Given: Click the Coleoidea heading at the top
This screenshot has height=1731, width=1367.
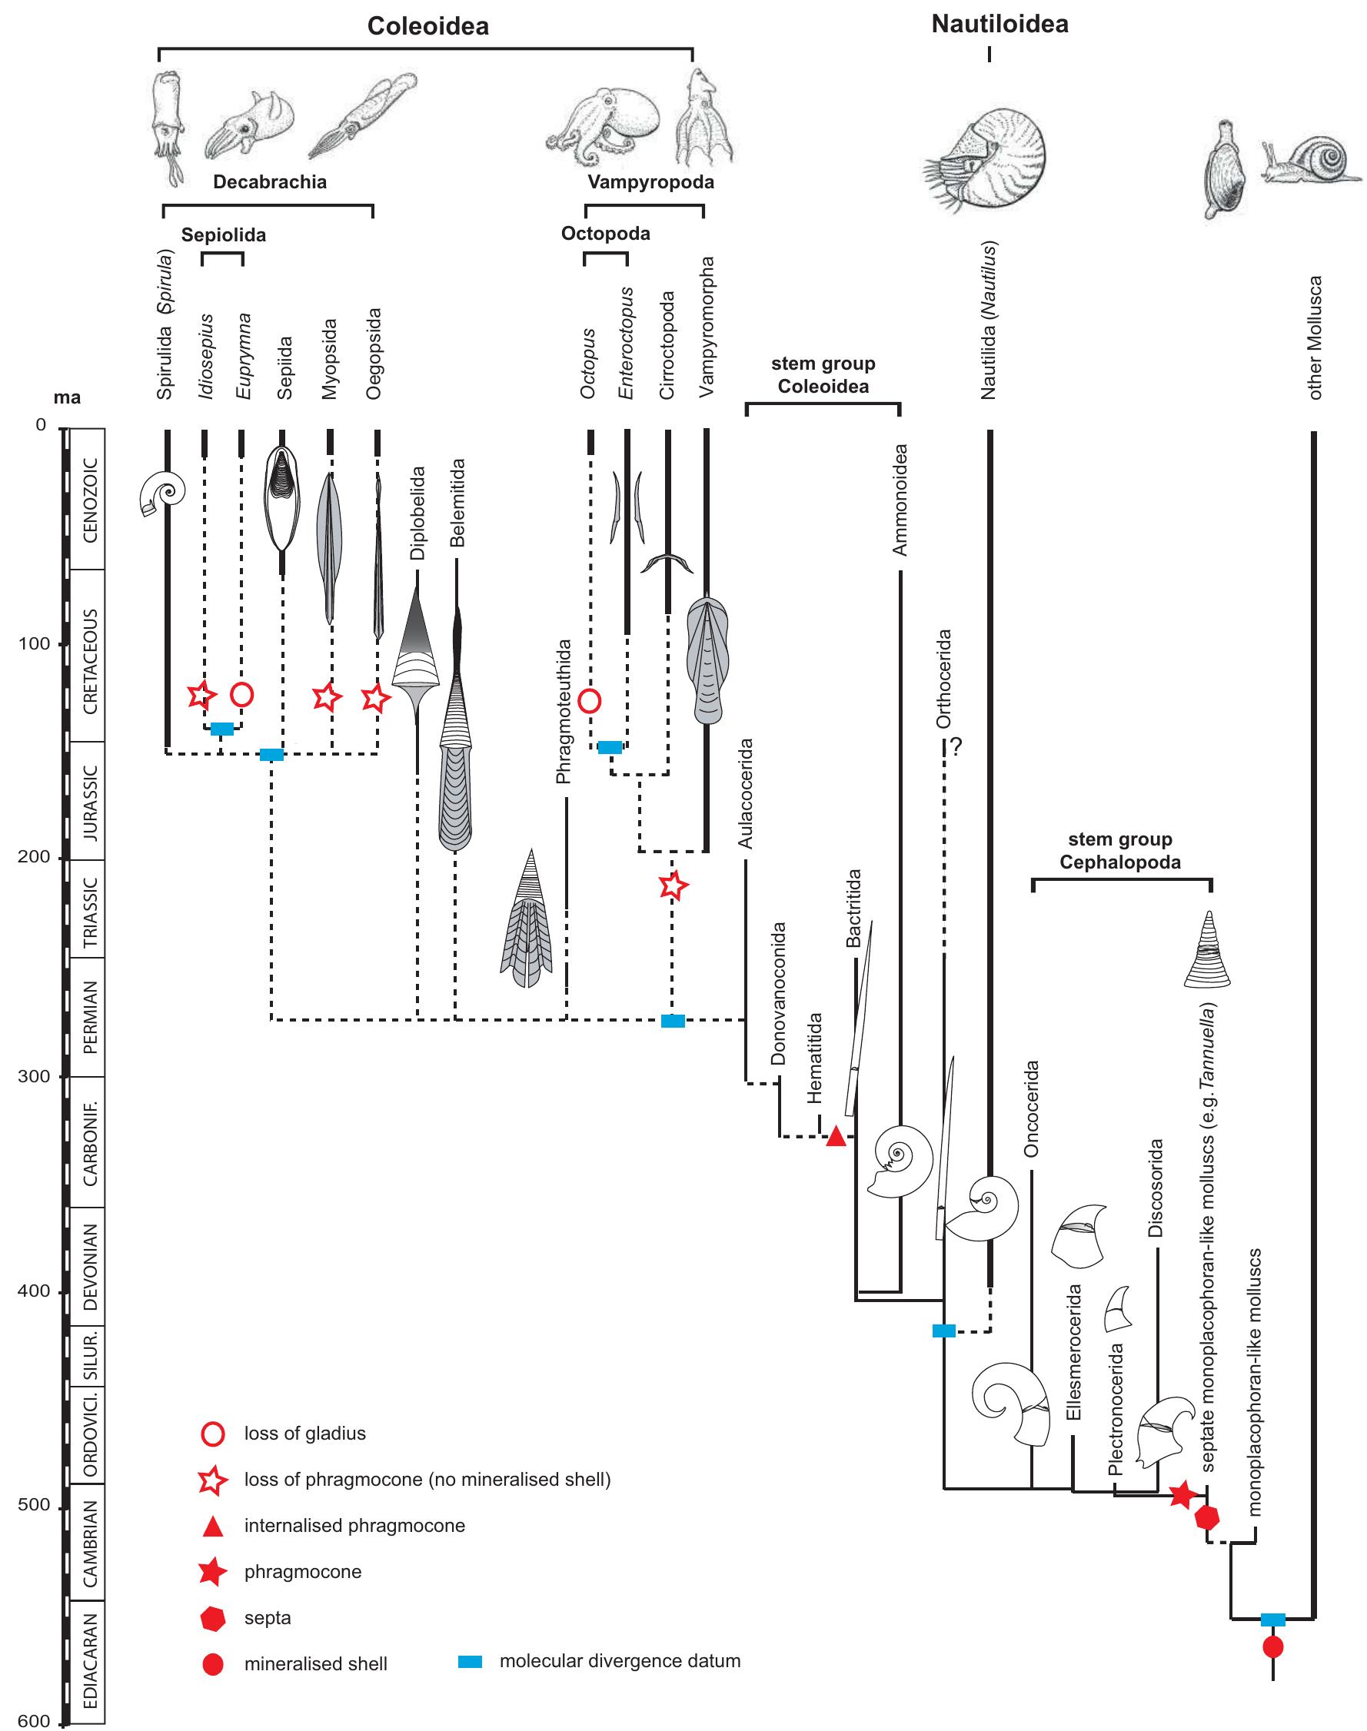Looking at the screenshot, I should coord(427,26).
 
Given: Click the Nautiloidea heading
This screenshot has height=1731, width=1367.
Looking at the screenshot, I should coord(999,24).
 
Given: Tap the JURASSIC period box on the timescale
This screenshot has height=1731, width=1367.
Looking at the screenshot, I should coord(91,801).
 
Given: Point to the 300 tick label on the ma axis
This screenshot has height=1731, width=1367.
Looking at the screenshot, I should coord(33,1076).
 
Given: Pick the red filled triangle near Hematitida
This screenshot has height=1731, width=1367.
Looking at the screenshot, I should coord(836,1136).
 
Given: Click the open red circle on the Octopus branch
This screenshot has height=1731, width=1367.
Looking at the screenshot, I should coord(590,701).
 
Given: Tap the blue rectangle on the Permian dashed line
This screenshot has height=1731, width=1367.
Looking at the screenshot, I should coord(672,1020).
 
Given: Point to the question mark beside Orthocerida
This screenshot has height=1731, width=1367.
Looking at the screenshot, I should coord(956,747).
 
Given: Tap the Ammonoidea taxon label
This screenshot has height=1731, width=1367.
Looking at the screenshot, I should coord(900,500).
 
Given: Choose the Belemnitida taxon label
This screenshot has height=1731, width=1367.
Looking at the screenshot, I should coord(457,503).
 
